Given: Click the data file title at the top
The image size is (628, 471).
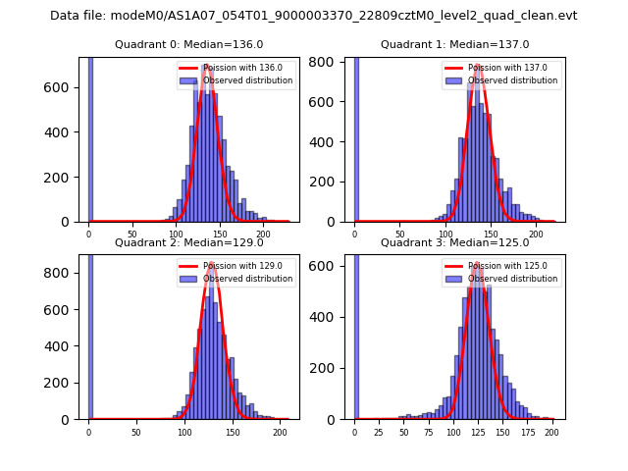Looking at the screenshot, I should point(313,16).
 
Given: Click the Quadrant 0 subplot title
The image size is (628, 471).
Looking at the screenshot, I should point(189,44).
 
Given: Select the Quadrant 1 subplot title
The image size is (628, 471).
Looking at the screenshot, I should point(455,44).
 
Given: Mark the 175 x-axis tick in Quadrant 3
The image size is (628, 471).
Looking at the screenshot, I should point(527,432).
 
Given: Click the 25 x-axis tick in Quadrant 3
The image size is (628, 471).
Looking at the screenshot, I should point(379,432).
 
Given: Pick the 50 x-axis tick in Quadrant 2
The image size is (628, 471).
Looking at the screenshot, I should point(135,432).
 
